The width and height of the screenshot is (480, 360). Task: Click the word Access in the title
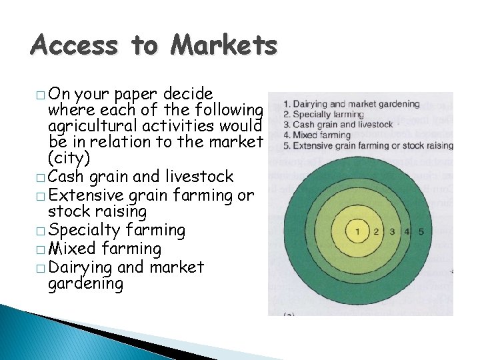(74, 45)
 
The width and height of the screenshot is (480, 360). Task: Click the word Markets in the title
(223, 45)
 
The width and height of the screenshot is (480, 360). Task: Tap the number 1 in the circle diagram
(358, 231)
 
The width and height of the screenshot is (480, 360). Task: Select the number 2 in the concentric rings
(377, 231)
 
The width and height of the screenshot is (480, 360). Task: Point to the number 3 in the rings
(393, 231)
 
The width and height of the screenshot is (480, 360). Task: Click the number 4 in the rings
(408, 231)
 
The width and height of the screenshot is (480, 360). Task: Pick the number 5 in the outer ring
(421, 231)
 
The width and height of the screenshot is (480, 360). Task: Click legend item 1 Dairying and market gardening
(351, 104)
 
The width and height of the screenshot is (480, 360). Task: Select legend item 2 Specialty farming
(324, 115)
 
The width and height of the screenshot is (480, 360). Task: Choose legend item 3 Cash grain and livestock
(338, 125)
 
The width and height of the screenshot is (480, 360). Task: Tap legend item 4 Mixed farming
(317, 135)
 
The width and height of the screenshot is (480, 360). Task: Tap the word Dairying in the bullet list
(79, 268)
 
